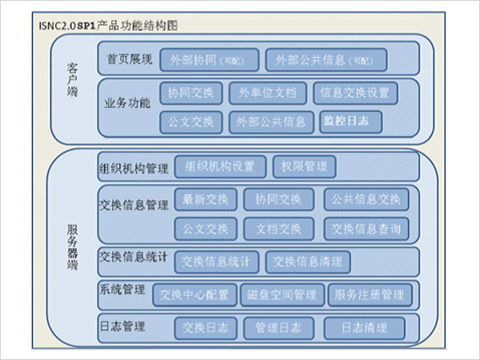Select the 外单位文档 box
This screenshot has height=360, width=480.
266,93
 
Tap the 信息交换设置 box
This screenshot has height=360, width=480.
354,93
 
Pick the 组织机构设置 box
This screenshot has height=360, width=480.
219,166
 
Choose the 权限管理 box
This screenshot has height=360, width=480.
304,166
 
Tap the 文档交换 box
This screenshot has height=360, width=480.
278,229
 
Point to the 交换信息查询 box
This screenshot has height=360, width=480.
366,229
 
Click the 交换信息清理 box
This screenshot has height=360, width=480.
308,262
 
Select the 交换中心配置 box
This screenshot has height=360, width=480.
194,294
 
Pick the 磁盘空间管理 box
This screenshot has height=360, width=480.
282,294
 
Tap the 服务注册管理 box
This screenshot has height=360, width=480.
370,294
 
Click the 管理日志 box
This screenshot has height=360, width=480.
278,327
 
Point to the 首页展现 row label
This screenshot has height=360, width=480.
129,59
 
